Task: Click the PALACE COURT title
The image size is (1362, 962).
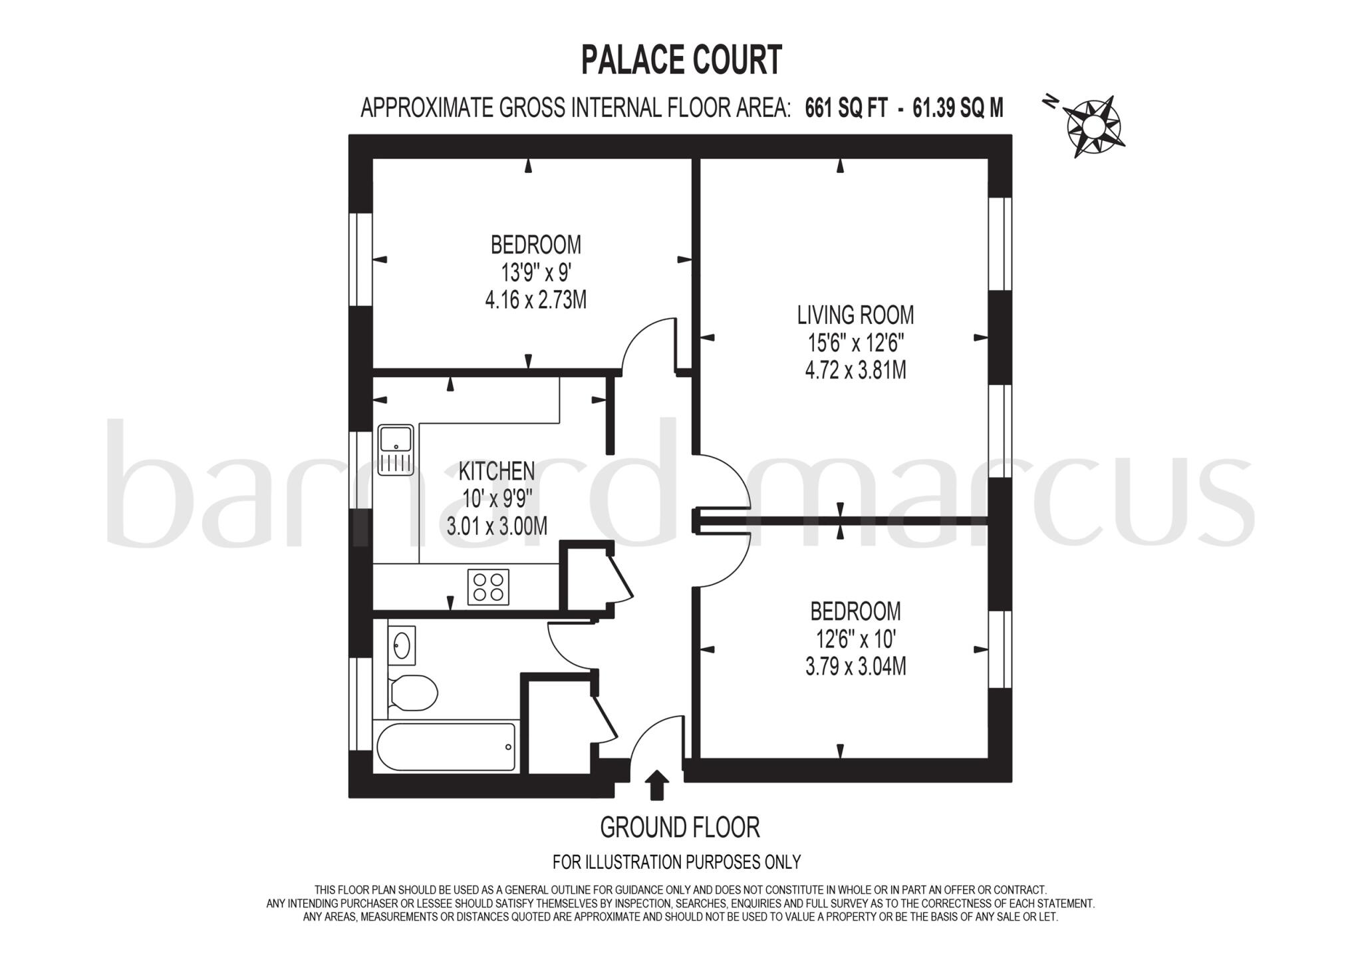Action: pos(681,60)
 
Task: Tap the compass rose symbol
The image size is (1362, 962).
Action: pos(1093,126)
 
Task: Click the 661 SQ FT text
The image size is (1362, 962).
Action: pos(846,108)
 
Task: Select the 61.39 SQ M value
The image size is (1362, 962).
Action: pos(958,108)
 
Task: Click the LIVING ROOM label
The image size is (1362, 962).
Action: pos(855,315)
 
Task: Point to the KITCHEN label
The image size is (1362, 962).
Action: pos(496,471)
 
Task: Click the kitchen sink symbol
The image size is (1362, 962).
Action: pos(396,450)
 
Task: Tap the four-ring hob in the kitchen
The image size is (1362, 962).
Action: pos(488,587)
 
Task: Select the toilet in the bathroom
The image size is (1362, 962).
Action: pos(412,693)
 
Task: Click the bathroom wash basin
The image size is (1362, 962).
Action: pos(402,645)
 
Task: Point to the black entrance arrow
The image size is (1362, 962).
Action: pos(657,784)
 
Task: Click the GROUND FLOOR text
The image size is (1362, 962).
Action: pos(680,828)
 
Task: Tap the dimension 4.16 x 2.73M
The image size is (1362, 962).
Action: pos(535,300)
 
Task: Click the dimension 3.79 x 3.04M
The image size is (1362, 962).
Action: pos(855,666)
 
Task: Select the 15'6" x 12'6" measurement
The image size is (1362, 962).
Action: pos(855,343)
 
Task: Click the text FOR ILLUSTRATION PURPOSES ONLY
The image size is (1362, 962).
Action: pos(676,862)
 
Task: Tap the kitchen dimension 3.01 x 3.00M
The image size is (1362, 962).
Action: pos(497,526)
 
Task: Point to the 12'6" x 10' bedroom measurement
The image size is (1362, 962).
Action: pos(855,639)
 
